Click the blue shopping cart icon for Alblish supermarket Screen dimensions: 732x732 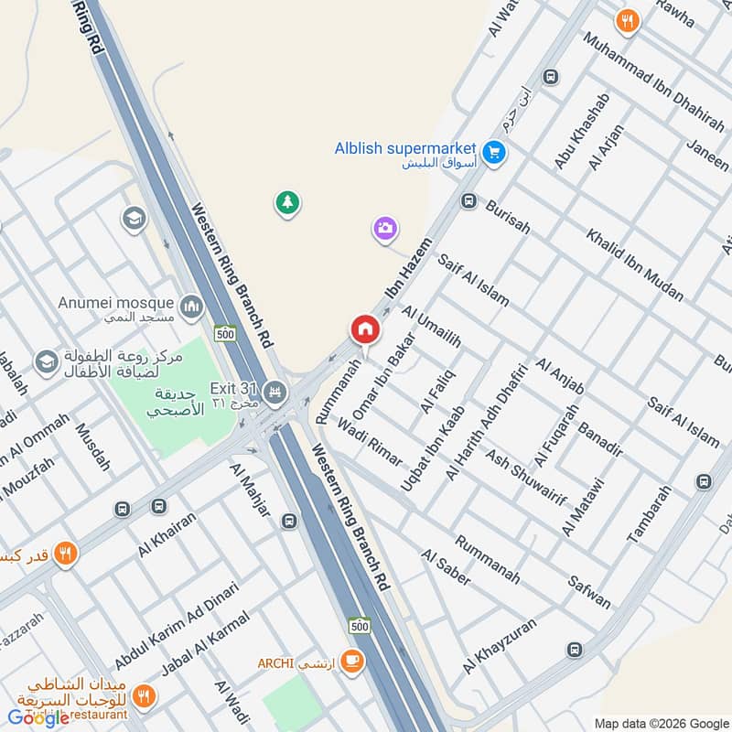coord(495,152)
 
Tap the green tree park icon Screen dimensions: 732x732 coord(288,203)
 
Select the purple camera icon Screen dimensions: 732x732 coord(385,229)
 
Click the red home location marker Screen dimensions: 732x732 coord(364,329)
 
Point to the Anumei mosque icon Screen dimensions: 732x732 coord(191,305)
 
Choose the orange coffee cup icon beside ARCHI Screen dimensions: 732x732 coord(351,661)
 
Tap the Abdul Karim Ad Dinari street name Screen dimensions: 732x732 coord(177,626)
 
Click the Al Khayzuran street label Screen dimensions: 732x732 coord(501,645)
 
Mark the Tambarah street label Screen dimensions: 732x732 coord(651,515)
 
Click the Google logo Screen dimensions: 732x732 coord(39,717)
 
